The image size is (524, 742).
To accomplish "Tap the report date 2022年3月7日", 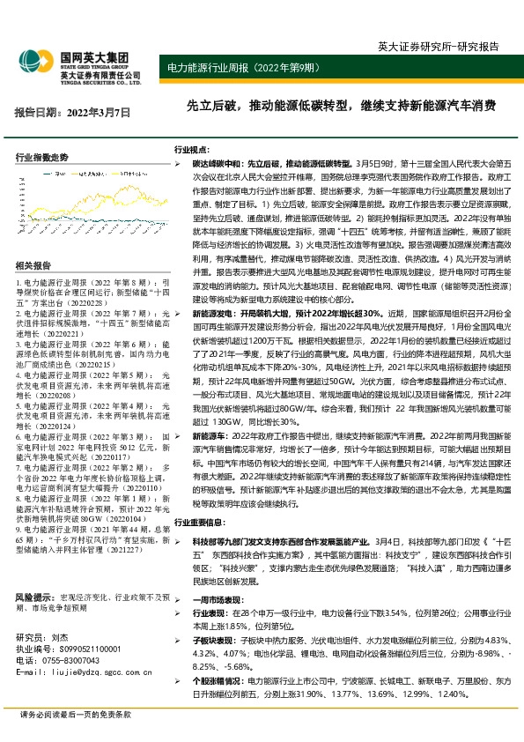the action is click(x=73, y=113).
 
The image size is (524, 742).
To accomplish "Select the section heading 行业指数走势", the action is click(x=41, y=157).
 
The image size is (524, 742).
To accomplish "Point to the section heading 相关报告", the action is click(x=33, y=265).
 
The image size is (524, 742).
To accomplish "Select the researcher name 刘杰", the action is click(x=59, y=636).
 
